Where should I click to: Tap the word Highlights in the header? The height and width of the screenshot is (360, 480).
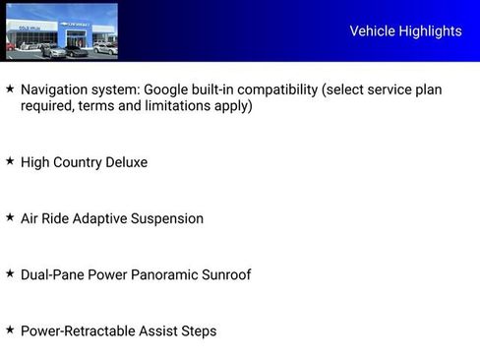430,31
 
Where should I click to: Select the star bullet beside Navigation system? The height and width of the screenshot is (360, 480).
10,90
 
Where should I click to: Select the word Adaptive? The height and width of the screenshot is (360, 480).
101,218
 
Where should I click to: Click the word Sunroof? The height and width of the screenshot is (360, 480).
226,274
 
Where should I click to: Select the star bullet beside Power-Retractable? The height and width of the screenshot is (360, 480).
10,330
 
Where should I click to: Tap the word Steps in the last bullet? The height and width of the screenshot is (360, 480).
197,331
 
